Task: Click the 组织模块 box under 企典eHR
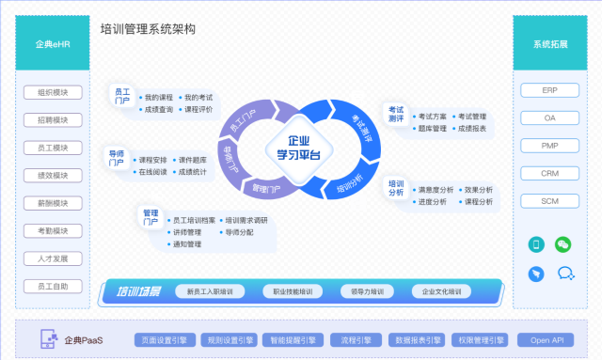pyautogui.click(x=53, y=93)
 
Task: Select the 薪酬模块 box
pyautogui.click(x=53, y=203)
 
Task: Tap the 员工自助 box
pyautogui.click(x=53, y=286)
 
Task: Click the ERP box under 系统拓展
pyautogui.click(x=550, y=91)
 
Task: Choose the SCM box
pyautogui.click(x=550, y=201)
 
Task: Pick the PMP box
pyautogui.click(x=550, y=146)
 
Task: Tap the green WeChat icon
pyautogui.click(x=563, y=244)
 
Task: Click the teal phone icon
pyautogui.click(x=536, y=244)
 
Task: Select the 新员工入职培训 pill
pyautogui.click(x=216, y=291)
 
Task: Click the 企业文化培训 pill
pyautogui.click(x=441, y=291)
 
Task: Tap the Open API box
pyautogui.click(x=547, y=339)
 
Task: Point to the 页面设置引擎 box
pyautogui.click(x=164, y=339)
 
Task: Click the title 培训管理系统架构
pyautogui.click(x=148, y=30)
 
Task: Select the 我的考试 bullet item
pyautogui.click(x=198, y=97)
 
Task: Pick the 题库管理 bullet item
pyautogui.click(x=432, y=129)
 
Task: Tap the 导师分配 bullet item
pyautogui.click(x=240, y=232)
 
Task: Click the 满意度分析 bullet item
pyautogui.click(x=436, y=190)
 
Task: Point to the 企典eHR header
pyautogui.click(x=53, y=44)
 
